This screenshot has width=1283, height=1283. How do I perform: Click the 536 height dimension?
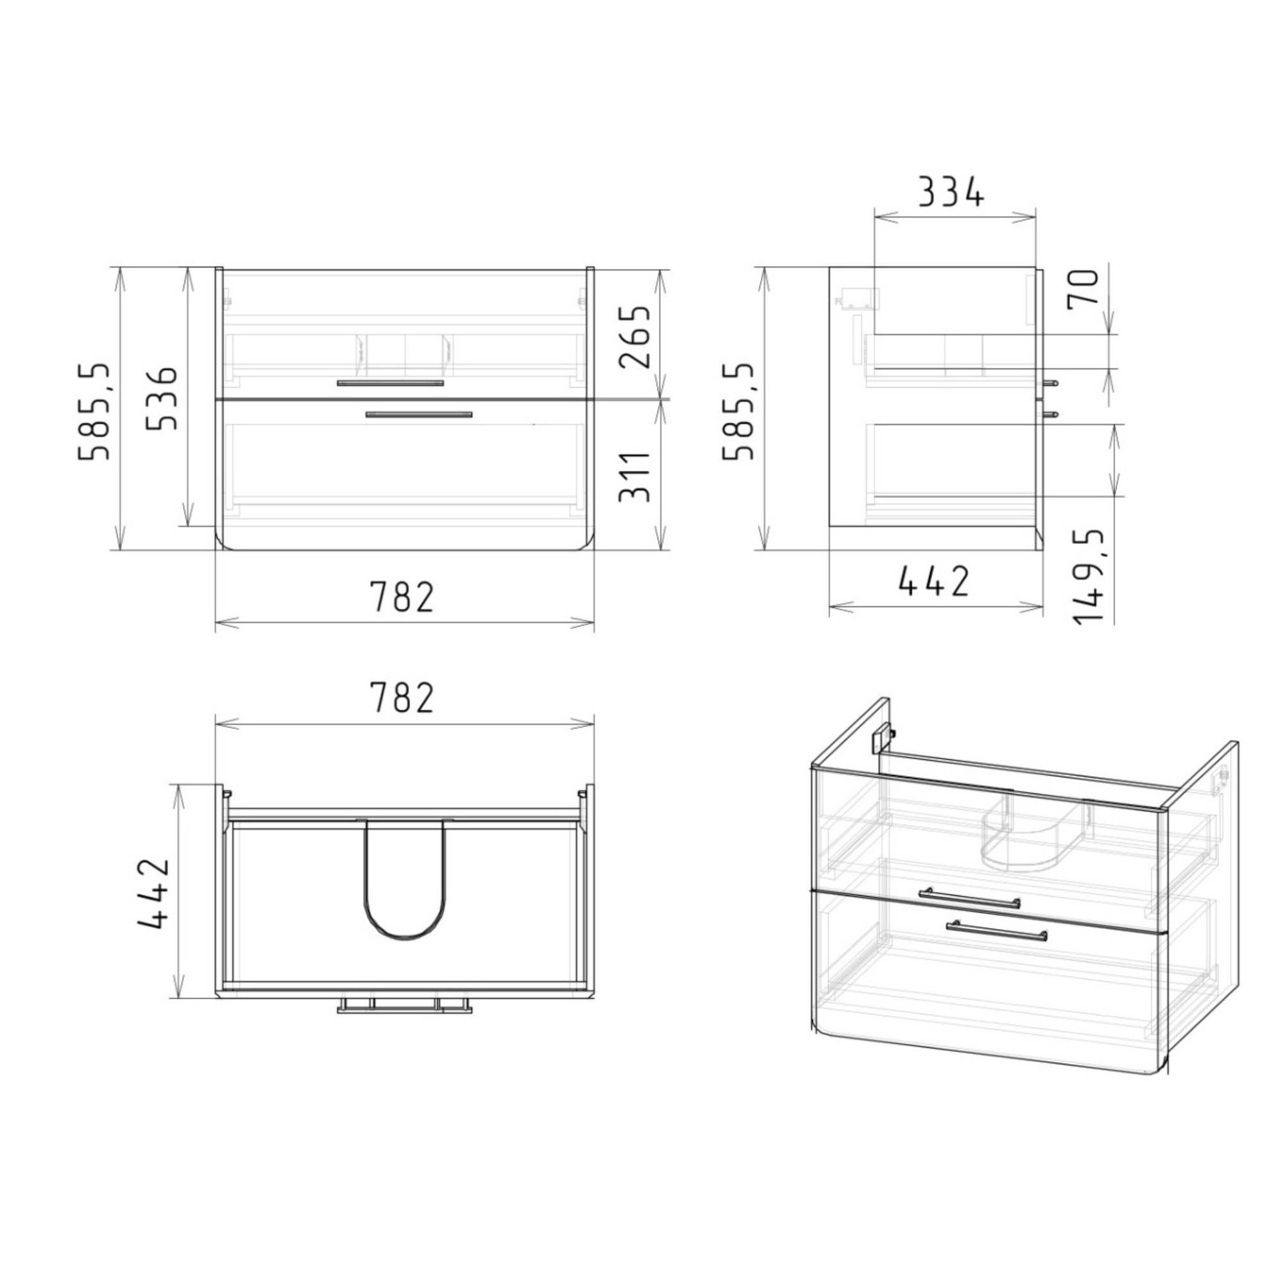click(162, 398)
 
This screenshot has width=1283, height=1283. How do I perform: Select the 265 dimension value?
click(634, 337)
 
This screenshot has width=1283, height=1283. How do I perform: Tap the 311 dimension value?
click(634, 477)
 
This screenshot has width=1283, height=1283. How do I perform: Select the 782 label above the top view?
click(402, 697)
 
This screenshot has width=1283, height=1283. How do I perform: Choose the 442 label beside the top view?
click(155, 893)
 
